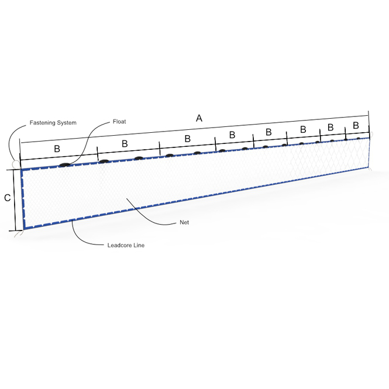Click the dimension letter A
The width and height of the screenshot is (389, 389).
pos(199,118)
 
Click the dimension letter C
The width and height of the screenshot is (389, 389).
pos(8,198)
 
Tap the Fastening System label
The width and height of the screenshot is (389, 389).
pos(53,123)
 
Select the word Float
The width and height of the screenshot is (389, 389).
pos(119,122)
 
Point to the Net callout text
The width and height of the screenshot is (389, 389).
pos(184,222)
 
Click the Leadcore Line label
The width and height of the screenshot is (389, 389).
pos(126,245)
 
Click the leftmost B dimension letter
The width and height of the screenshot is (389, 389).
pos(57,149)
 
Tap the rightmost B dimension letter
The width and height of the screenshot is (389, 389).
pos(356,125)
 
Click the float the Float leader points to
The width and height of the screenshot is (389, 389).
pos(65,165)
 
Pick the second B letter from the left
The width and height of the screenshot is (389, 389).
pos(125,143)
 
